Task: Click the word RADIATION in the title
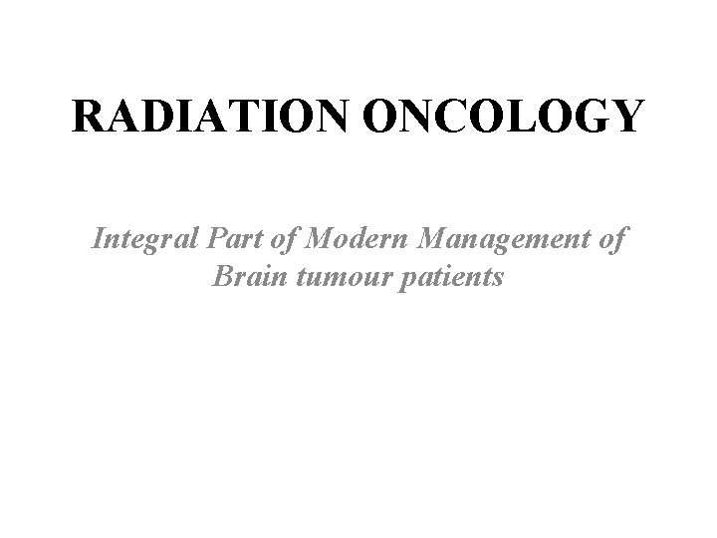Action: point(207,117)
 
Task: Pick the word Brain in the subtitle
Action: point(242,276)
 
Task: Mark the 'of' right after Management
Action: point(613,240)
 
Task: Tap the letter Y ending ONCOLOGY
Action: point(626,117)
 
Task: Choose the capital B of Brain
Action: point(222,276)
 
